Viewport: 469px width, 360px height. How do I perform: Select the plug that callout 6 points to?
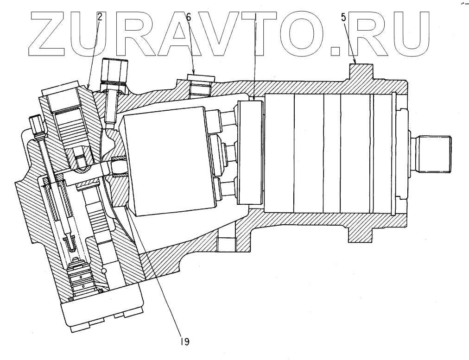pos(201,81)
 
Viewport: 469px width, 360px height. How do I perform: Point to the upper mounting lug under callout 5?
pos(360,73)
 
